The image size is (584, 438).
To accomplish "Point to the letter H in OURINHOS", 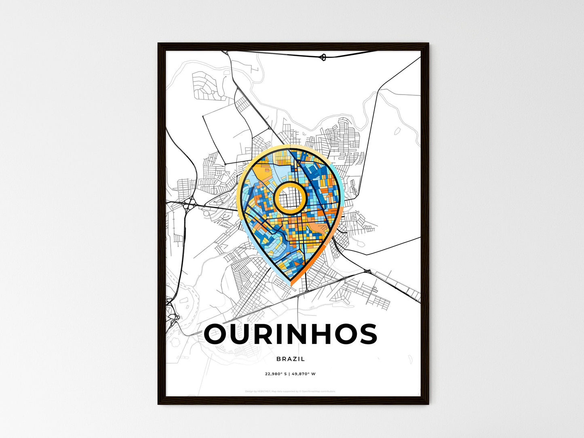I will coord(334,335).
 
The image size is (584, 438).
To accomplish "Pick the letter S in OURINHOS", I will coord(366,335).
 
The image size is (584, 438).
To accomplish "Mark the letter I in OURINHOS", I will coord(290,335).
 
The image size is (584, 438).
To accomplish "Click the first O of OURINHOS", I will coord(218,335).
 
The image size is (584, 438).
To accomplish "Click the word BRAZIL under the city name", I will coord(291,359).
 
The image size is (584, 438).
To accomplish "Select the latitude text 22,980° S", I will coord(276,374).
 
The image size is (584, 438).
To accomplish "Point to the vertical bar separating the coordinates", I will coord(289,374).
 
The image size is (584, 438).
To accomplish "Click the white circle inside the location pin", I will coord(289,198).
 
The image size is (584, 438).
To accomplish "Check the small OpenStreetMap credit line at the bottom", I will coord(290,391).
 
